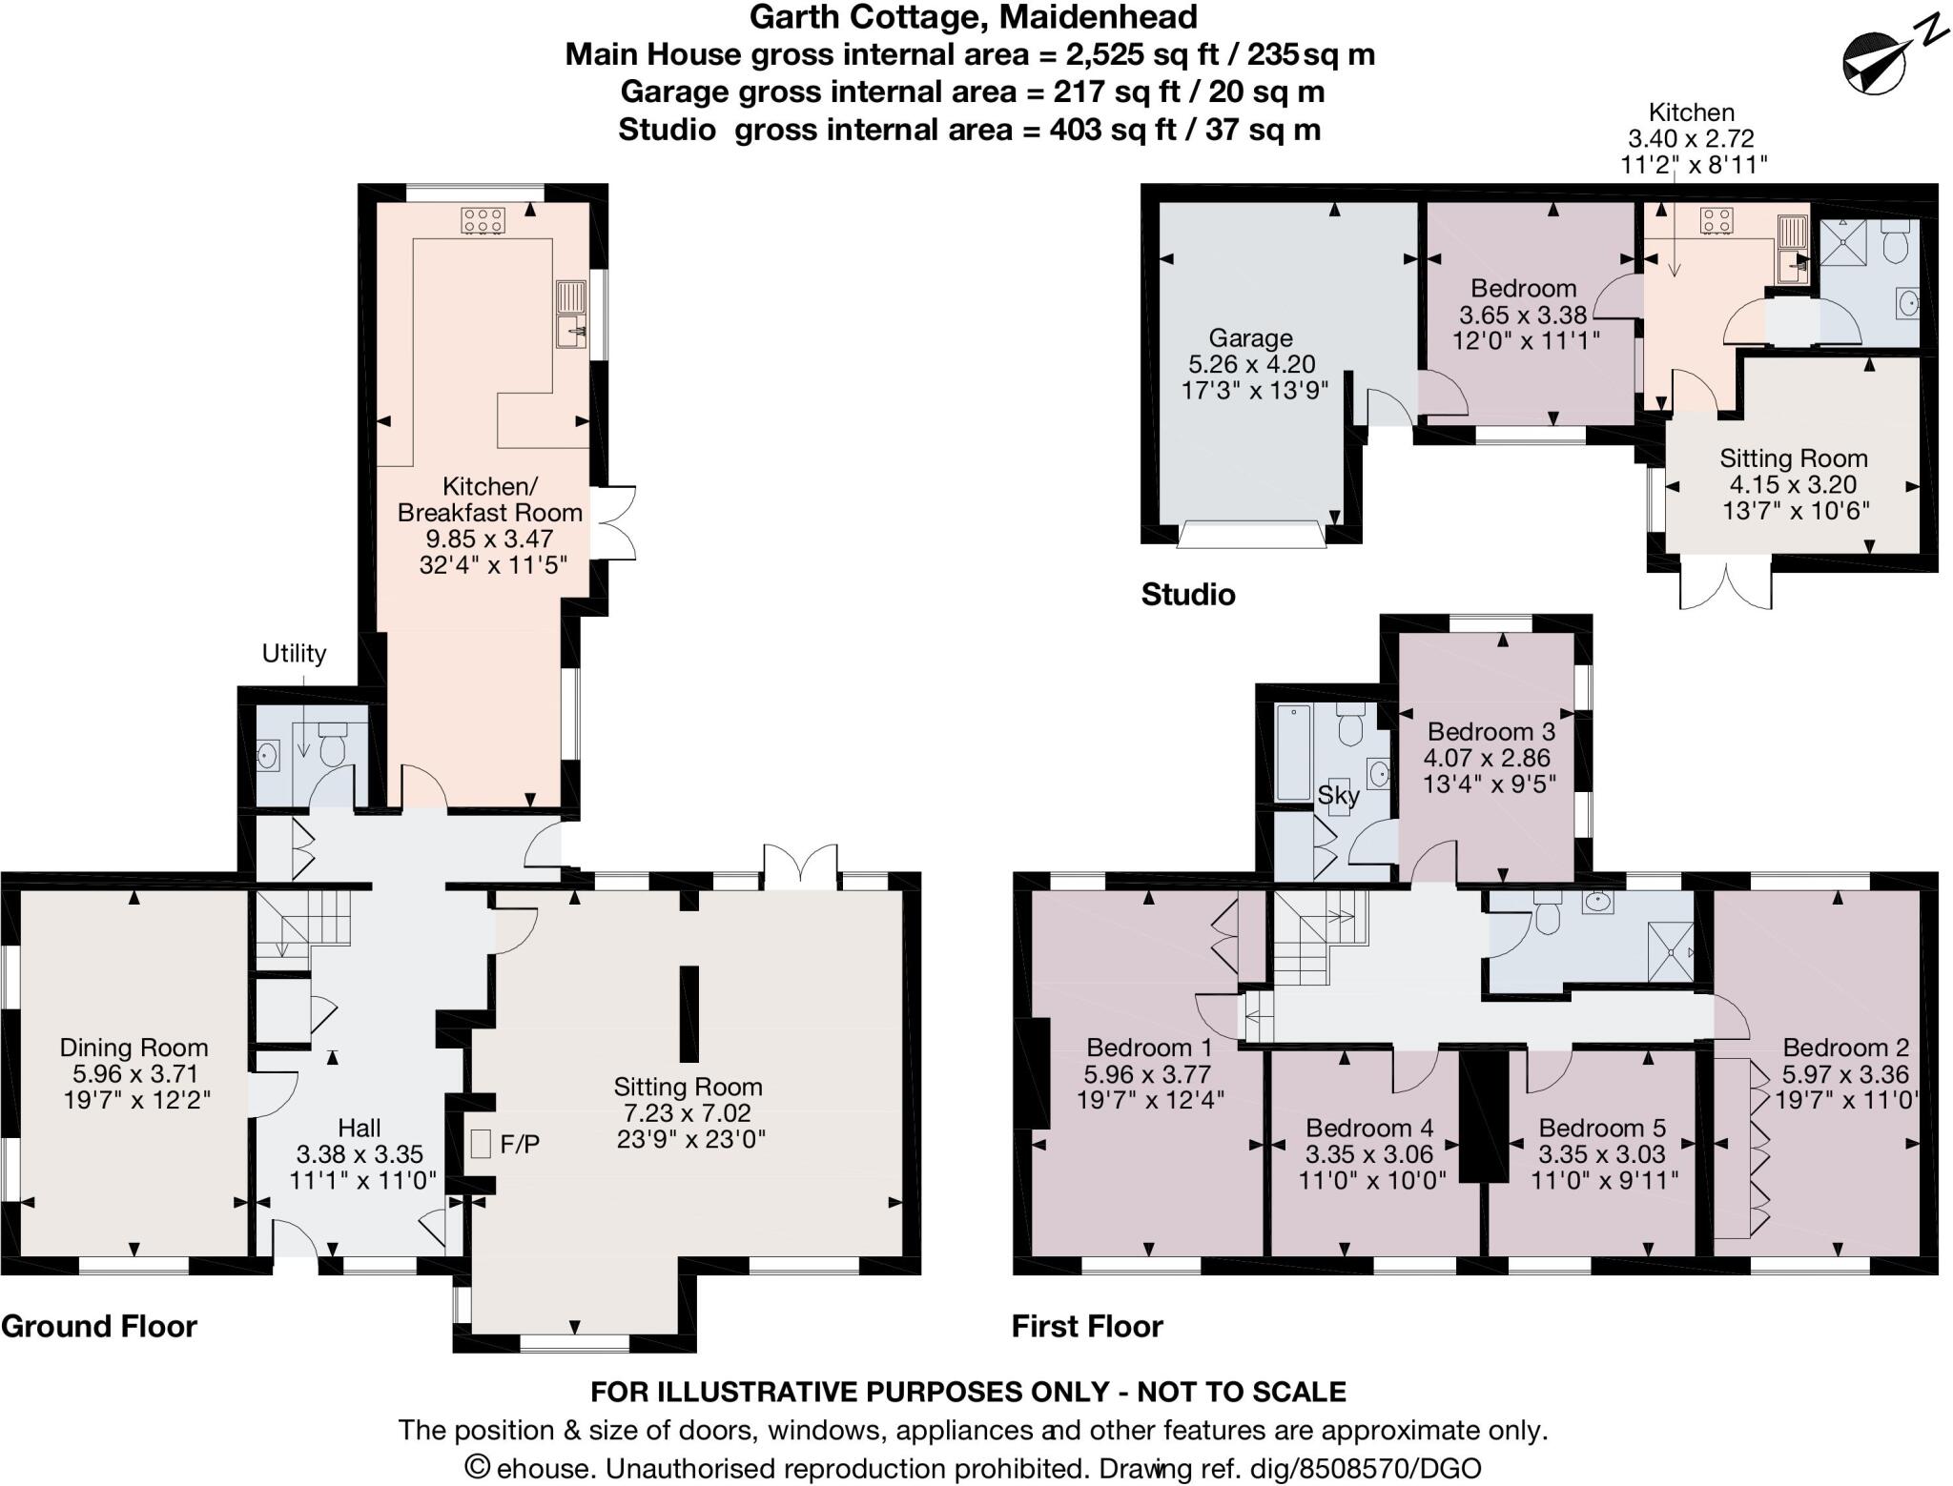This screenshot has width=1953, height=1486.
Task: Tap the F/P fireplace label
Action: (x=520, y=1144)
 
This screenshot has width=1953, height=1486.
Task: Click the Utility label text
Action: (x=294, y=654)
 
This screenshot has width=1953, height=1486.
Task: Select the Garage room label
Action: (x=1250, y=338)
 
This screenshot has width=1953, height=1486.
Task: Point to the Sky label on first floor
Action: (x=1338, y=795)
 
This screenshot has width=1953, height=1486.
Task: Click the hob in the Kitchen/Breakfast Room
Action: (x=483, y=221)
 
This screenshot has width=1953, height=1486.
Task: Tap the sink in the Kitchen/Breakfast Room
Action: (x=571, y=315)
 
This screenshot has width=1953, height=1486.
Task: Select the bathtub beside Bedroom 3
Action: (x=1294, y=752)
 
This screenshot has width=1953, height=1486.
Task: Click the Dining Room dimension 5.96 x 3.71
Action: (x=134, y=1074)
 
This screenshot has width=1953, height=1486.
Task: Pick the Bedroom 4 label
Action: (x=1369, y=1129)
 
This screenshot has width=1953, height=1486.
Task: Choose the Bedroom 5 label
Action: (x=1602, y=1129)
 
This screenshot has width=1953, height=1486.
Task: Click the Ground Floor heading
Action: (x=99, y=1327)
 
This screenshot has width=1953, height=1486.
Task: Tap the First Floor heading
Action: (x=1087, y=1327)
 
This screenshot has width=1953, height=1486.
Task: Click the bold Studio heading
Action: (x=1188, y=595)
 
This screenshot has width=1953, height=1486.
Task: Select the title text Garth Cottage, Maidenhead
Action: (x=973, y=17)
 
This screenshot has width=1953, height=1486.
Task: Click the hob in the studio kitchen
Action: (x=1717, y=221)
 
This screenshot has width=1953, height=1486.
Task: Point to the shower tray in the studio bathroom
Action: (x=1841, y=242)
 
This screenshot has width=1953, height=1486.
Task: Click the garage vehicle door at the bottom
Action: (x=1251, y=535)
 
